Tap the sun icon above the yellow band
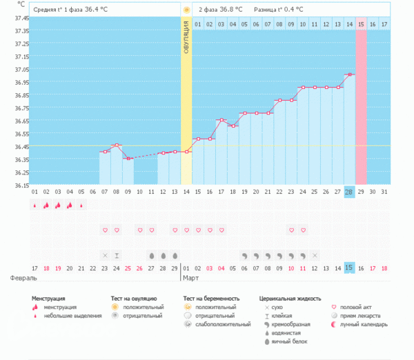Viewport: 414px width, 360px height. coord(186,10)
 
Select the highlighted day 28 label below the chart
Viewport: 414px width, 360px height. coord(349,191)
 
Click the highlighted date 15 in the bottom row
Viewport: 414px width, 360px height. coord(349,268)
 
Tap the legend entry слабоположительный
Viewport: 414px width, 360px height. coord(224,323)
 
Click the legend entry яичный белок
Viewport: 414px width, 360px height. coord(290,341)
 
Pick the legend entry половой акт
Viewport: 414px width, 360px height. coord(359,307)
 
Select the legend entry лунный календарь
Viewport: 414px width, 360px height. coord(366,323)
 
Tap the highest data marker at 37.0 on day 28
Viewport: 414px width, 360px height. coord(350,74)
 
